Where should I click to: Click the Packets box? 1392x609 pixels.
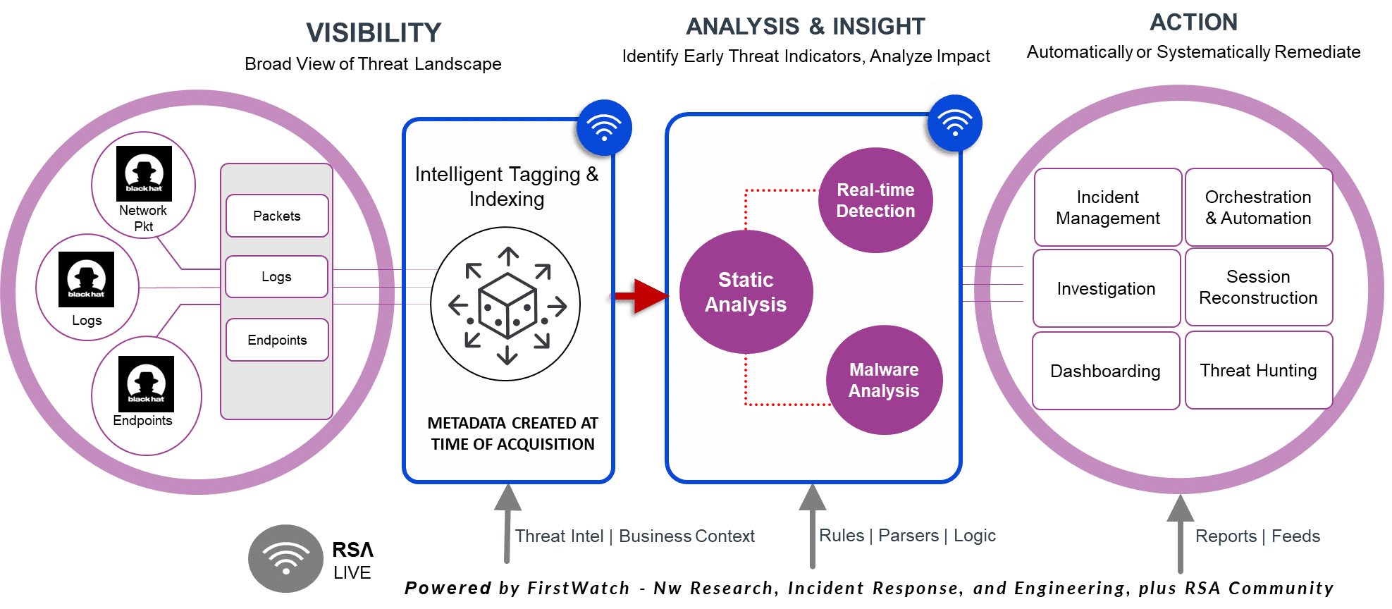point(277,216)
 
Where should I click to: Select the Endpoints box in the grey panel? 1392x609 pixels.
point(277,340)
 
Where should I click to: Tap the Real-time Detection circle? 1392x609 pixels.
point(875,200)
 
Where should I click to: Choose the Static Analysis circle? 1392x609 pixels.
point(746,292)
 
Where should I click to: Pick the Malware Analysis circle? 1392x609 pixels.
point(884,380)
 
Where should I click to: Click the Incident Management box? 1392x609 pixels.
point(1107,207)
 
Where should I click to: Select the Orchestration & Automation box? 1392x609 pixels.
point(1258,207)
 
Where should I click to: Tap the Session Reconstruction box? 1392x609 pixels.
point(1258,287)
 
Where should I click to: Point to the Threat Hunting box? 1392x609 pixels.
point(1258,370)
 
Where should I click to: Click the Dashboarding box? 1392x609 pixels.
point(1105,371)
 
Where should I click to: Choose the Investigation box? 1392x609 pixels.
point(1106,288)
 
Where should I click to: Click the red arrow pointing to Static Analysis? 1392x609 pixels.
point(641,296)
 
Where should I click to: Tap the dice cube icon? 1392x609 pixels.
point(507,304)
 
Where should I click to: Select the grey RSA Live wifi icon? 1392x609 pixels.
point(285,558)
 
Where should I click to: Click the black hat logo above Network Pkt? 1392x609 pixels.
point(144,173)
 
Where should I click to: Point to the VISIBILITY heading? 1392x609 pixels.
point(374,32)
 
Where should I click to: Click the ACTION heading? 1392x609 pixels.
point(1193,23)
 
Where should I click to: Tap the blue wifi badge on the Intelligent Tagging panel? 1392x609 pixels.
point(604,128)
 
